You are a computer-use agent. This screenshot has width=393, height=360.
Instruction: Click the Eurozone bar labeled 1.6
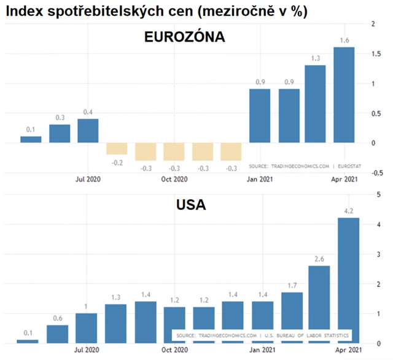tap(343, 95)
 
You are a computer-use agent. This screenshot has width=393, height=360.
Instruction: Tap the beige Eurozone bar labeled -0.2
tap(117, 148)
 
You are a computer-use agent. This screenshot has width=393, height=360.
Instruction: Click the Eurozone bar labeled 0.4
tap(88, 131)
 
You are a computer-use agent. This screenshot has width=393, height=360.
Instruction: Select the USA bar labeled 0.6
tap(58, 333)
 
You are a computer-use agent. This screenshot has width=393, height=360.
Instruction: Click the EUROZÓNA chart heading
tap(184, 37)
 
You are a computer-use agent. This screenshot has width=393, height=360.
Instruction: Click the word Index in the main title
tap(28, 11)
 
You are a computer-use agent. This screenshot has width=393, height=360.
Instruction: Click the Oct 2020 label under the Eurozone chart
tap(174, 179)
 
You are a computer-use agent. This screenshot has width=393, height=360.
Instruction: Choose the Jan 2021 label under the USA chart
tap(261, 352)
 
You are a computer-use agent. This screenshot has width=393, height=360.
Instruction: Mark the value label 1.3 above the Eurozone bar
tap(314, 58)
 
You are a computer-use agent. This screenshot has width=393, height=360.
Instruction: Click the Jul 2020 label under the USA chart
tap(87, 352)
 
